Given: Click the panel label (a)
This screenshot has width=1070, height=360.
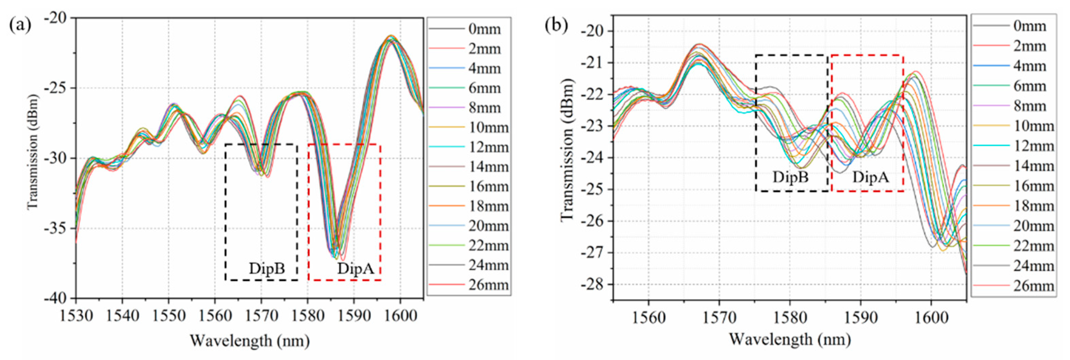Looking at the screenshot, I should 20,26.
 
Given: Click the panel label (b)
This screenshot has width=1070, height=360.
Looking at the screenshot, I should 556,26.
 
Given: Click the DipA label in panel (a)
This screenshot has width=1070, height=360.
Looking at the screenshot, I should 356,269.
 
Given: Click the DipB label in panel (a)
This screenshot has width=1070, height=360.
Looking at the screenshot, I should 267,269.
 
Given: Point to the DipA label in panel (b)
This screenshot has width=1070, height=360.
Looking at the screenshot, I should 871,177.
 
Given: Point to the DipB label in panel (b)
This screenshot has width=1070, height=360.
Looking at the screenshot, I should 790,177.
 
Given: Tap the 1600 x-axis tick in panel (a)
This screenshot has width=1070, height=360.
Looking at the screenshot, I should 400,316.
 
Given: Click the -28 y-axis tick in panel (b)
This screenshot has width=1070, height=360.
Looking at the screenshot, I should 594,285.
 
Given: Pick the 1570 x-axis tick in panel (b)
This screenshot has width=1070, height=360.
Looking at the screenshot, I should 719,318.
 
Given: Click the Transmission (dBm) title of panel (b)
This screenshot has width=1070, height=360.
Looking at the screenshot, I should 567,149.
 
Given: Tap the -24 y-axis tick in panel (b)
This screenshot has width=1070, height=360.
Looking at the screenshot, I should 594,158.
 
